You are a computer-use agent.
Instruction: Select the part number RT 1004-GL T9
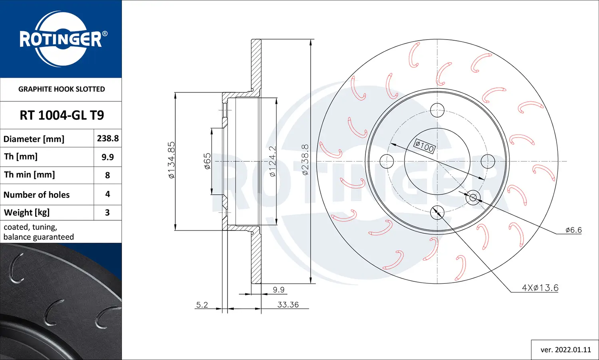pos(61,115)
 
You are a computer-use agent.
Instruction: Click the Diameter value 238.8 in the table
pos(107,138)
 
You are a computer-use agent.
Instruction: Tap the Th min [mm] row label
pos(30,175)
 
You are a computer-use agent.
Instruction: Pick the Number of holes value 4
pos(107,194)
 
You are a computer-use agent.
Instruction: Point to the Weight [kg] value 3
pos(107,212)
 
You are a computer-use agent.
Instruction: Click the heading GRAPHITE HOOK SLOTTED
pos(61,89)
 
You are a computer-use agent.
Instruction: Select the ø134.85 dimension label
pos(171,160)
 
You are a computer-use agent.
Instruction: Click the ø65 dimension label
pos(207,161)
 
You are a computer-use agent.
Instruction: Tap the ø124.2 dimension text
pos(272,161)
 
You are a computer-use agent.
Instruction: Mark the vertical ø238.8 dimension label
pos(305,160)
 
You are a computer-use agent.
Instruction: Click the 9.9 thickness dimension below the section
pos(278,290)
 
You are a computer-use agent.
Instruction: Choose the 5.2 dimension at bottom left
pos(202,305)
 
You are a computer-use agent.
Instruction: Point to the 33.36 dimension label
pos(288,305)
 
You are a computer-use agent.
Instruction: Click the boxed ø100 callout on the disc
pos(424,146)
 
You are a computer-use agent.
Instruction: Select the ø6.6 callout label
pos(573,230)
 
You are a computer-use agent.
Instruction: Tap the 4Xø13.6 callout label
pos(540,288)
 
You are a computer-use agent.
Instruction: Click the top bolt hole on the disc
pos(437,110)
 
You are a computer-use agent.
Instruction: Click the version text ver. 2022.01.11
pos(565,350)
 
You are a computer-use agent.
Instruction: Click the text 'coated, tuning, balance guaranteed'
pos(39,232)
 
